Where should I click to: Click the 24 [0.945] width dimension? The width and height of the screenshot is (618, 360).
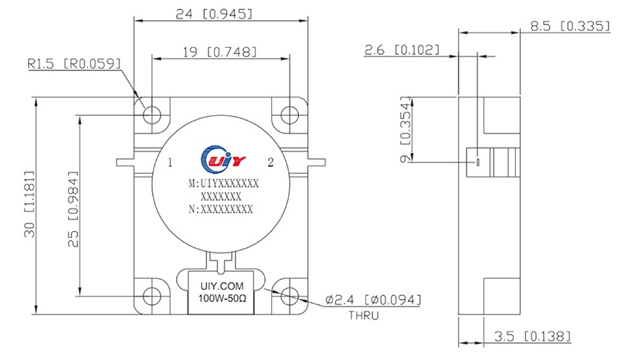point(214,14)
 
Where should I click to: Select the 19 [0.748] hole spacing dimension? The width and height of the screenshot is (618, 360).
point(219,52)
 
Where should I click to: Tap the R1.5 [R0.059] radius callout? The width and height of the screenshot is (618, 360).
point(74,63)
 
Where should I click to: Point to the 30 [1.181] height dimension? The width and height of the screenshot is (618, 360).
point(29,204)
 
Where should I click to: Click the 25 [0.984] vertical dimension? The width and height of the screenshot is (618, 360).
point(73,209)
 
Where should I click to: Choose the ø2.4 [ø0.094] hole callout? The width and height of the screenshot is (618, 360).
point(373,300)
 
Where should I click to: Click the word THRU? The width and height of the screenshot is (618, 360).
point(363,315)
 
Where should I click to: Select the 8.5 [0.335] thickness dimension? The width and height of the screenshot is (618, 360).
point(570,26)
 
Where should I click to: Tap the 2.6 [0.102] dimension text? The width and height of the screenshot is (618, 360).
point(402,49)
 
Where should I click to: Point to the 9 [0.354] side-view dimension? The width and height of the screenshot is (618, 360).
point(405,130)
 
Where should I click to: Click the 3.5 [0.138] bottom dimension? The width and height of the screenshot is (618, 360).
point(532,336)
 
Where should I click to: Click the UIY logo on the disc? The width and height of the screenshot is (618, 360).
point(222,159)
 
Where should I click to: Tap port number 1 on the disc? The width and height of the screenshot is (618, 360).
point(170,162)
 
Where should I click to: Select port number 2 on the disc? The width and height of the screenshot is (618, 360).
point(270,162)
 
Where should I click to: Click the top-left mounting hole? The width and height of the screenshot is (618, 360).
point(151,116)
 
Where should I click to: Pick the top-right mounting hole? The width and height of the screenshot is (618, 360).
point(290,116)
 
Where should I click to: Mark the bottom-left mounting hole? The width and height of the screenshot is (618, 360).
point(151,296)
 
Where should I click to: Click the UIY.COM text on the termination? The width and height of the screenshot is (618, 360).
point(222,286)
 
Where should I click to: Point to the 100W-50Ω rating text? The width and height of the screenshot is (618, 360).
point(222,298)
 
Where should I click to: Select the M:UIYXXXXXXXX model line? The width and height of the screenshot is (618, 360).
point(223,184)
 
